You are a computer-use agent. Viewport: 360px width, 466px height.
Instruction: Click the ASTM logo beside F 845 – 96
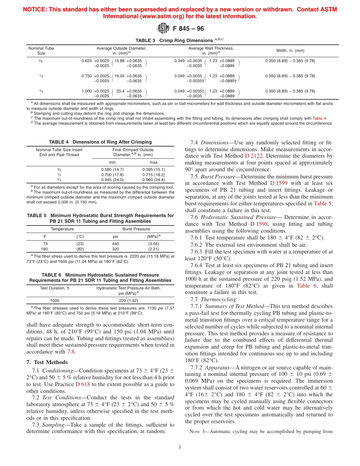[163, 28]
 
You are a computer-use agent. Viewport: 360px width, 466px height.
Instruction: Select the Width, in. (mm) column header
[290, 50]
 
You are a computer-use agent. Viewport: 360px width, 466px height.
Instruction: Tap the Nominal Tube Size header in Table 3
[41, 51]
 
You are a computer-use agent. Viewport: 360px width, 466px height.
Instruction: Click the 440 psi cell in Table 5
[116, 244]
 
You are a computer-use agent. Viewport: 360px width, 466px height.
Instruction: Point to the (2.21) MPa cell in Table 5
[153, 249]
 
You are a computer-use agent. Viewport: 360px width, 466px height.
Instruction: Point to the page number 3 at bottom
[180, 447]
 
